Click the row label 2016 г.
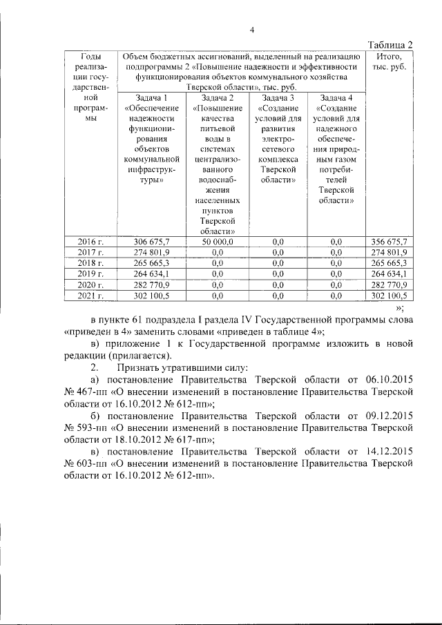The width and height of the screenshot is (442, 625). [91, 241]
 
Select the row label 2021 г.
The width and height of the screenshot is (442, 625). [91, 296]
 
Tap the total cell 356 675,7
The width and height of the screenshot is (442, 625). [390, 241]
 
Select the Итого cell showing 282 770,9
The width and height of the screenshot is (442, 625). [390, 285]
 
